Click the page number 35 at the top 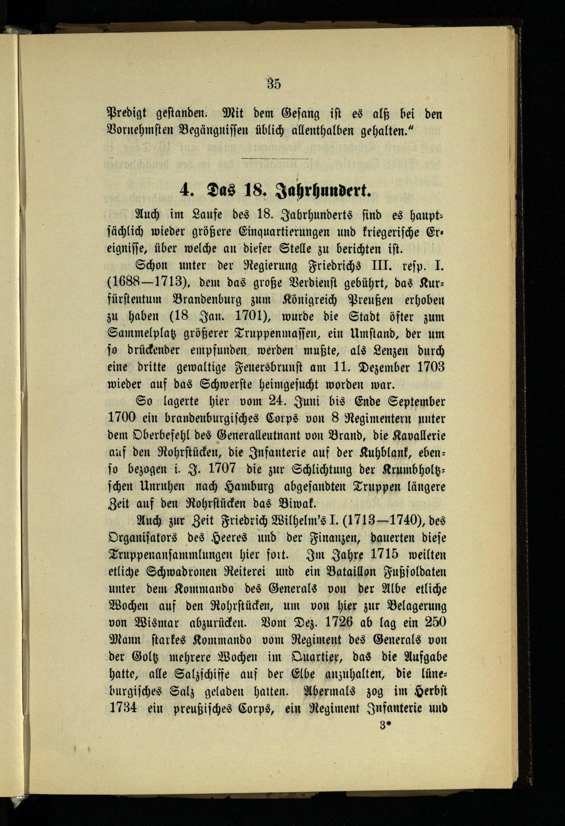pos(274,84)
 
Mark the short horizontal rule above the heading pos(274,159)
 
